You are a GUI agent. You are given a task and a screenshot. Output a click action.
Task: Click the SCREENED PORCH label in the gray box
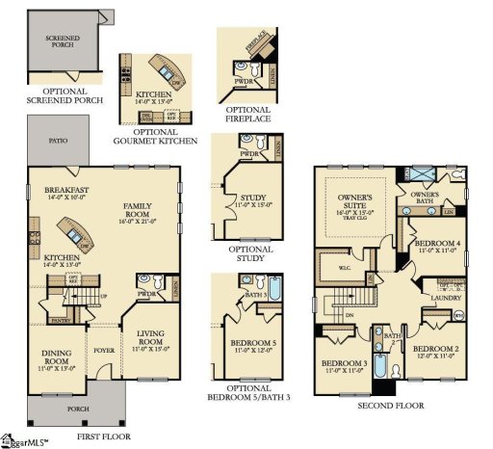click(x=63, y=41)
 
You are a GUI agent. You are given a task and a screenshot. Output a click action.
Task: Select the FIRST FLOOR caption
click(x=103, y=436)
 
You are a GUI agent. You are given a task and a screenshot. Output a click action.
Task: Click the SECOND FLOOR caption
click(x=390, y=406)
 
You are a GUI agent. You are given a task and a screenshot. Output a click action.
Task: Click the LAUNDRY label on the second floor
click(x=444, y=299)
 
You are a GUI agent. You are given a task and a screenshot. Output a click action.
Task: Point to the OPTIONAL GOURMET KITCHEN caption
click(x=159, y=134)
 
